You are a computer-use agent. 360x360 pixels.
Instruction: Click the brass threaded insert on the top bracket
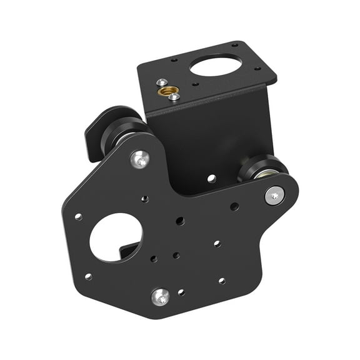(x=167, y=91)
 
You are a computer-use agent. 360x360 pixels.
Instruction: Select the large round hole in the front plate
(x=116, y=237)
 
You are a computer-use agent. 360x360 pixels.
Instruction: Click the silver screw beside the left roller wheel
(x=141, y=159)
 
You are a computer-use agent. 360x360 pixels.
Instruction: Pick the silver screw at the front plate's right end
(x=274, y=195)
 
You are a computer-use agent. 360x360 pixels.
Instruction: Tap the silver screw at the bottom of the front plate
(x=161, y=296)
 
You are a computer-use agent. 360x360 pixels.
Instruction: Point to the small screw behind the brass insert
(x=162, y=82)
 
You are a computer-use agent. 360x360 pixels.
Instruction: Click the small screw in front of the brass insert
(x=174, y=97)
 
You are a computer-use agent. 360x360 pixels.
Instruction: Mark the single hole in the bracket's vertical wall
(x=212, y=178)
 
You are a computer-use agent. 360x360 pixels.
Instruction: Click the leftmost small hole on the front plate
(x=78, y=217)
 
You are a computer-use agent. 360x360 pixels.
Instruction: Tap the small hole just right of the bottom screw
(x=181, y=292)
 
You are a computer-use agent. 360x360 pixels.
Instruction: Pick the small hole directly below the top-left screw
(x=144, y=199)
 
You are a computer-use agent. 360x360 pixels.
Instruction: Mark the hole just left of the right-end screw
(x=234, y=206)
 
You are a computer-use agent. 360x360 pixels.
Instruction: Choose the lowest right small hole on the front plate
(x=222, y=281)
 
